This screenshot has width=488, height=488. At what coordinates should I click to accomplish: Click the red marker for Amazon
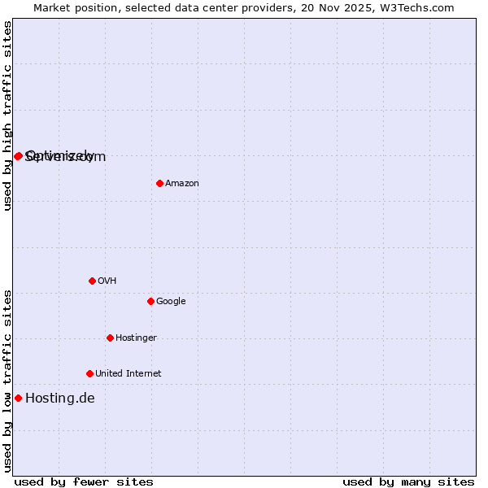(159, 183)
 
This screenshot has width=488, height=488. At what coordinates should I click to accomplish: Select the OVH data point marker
(92, 281)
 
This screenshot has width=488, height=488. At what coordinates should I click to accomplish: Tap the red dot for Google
(150, 301)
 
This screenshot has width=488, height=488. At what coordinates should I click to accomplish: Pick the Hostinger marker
(110, 338)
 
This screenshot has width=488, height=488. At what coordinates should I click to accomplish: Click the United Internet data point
(89, 373)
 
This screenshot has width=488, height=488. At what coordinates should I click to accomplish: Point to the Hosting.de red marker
(18, 398)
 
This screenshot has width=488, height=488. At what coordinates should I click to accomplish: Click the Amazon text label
(182, 184)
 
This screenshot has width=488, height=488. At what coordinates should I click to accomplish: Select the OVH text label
(107, 281)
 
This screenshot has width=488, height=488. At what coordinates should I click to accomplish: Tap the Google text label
(171, 302)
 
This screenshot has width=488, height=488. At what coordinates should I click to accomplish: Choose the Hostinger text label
(136, 338)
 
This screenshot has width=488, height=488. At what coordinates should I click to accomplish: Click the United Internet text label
(129, 374)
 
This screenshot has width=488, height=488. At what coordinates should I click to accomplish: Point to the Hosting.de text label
(60, 399)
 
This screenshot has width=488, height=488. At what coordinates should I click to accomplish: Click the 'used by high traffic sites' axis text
(7, 115)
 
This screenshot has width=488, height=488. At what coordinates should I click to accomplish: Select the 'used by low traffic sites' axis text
(7, 381)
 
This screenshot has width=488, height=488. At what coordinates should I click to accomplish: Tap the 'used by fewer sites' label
(84, 481)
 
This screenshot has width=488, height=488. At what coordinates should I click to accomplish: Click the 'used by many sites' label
(408, 481)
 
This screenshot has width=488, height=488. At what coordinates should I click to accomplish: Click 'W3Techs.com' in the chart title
(420, 7)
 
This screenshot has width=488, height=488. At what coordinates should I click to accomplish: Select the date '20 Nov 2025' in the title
(346, 7)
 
